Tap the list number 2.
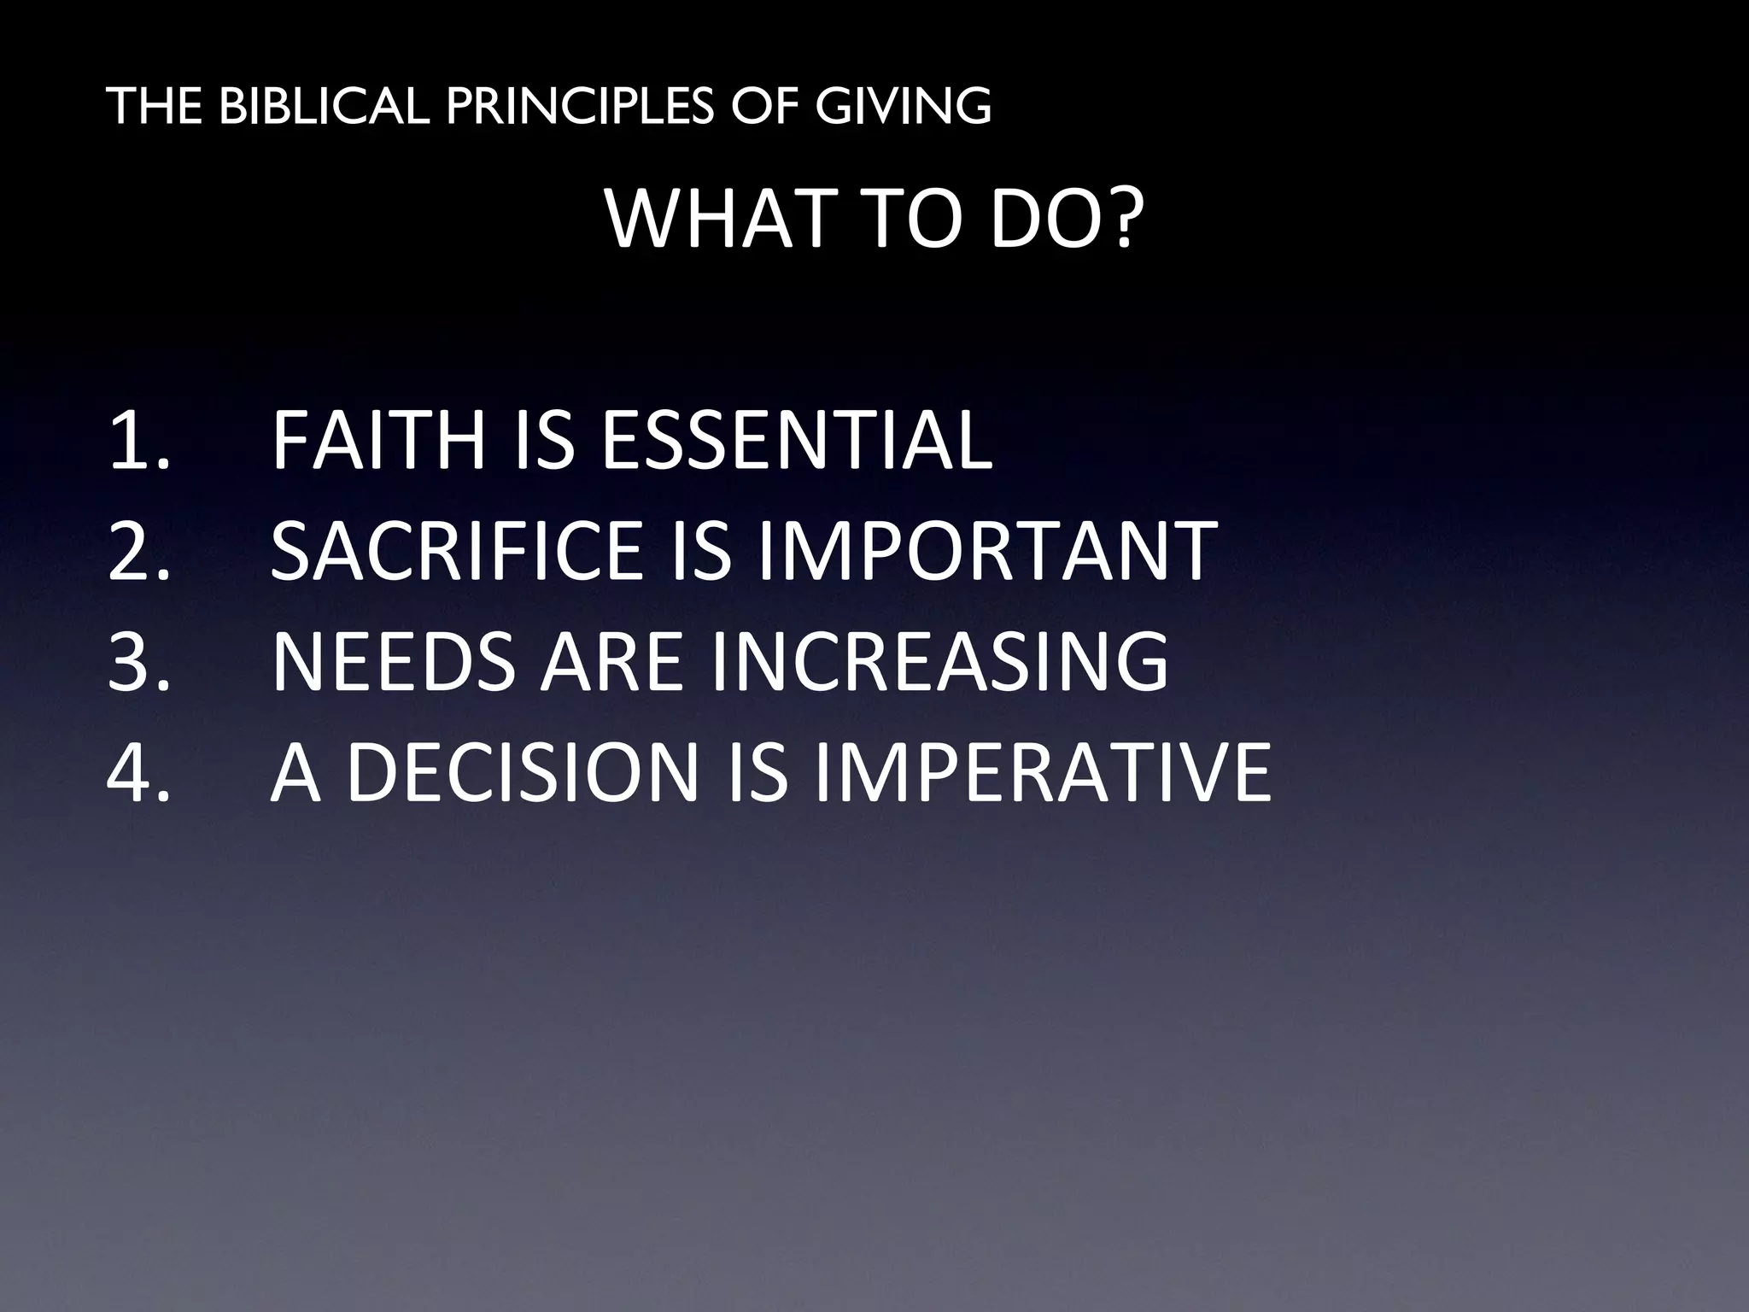pyautogui.click(x=138, y=551)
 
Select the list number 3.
pyautogui.click(x=138, y=662)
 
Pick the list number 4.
pyautogui.click(x=138, y=773)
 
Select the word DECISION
pyautogui.click(x=524, y=773)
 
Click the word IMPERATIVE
pyautogui.click(x=1042, y=773)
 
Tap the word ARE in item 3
pyautogui.click(x=611, y=662)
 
